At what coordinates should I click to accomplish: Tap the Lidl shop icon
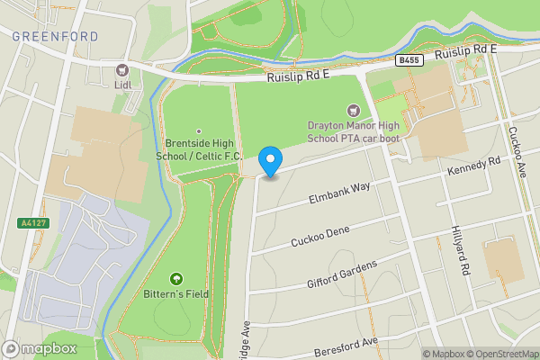pyautogui.click(x=121, y=70)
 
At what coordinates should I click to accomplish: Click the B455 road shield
pyautogui.click(x=409, y=60)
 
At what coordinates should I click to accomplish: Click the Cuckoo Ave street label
pyautogui.click(x=518, y=152)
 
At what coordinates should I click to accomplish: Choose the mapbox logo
pyautogui.click(x=40, y=348)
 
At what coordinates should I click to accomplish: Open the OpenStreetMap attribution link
pyautogui.click(x=502, y=354)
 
